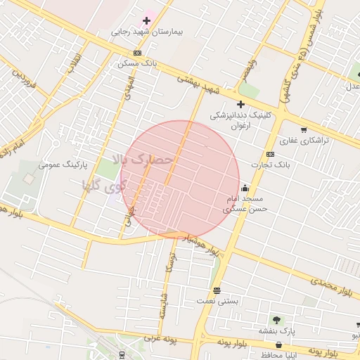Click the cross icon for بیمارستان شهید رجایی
pyautogui.click(x=146, y=21)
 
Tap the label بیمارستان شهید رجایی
pyautogui.click(x=147, y=32)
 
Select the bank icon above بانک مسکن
pyautogui.click(x=137, y=53)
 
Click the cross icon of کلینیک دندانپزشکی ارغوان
pyautogui.click(x=240, y=104)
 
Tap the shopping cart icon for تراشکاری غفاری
pyautogui.click(x=303, y=129)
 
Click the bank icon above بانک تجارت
pyautogui.click(x=270, y=155)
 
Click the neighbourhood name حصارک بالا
pyautogui.click(x=147, y=161)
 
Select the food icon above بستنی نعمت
pyautogui.click(x=217, y=290)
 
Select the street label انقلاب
pyautogui.click(x=73, y=63)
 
